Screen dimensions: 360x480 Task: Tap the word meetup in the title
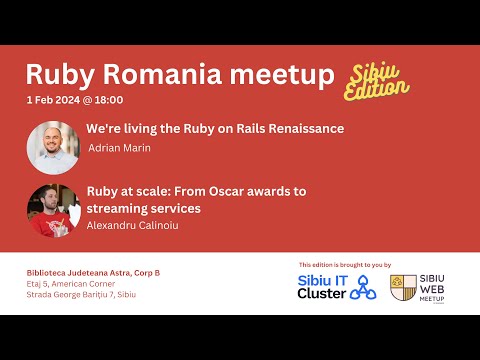[285, 74]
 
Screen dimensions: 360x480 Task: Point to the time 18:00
[111, 101]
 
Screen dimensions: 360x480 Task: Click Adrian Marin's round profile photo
[53, 147]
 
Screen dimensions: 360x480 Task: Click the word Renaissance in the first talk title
[296, 129]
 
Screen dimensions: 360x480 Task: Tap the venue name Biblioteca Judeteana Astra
[84, 273]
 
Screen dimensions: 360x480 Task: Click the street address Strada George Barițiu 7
[79, 295]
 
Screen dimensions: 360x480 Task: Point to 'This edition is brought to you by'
[344, 265]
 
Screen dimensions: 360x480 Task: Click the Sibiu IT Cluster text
[322, 287]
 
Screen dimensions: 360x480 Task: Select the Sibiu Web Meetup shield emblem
[404, 288]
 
